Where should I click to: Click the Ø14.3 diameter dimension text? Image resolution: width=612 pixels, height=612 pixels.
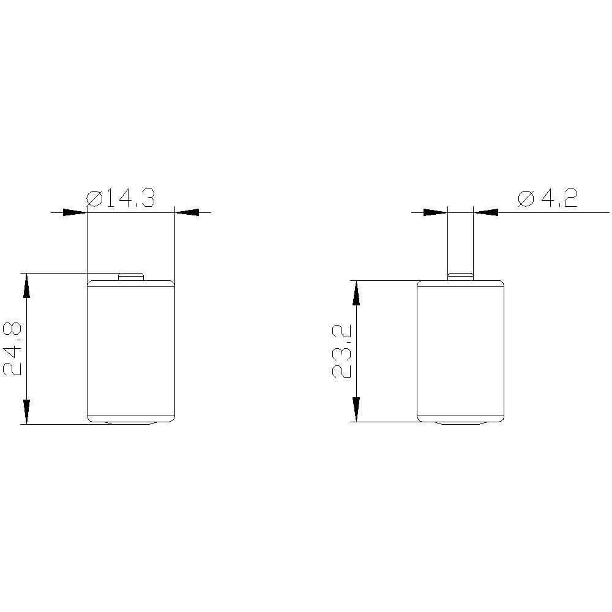[120, 199]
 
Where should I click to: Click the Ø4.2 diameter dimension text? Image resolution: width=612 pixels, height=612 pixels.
[547, 199]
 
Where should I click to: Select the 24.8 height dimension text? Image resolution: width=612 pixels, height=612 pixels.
[13, 349]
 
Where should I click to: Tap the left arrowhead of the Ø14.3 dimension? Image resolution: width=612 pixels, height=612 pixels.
[75, 212]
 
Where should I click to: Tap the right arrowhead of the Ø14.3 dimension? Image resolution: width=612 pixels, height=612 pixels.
[187, 212]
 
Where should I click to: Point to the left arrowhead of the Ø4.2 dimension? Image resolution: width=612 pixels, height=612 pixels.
[436, 212]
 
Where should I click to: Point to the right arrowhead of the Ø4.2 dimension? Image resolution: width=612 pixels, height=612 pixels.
[486, 212]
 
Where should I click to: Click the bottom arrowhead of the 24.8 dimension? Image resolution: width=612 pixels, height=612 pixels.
[27, 411]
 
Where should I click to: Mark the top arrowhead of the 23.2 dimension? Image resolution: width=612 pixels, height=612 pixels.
[356, 293]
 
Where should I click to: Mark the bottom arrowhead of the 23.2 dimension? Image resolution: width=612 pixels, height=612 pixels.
[356, 409]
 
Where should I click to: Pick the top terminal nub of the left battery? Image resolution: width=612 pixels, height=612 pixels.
[130, 277]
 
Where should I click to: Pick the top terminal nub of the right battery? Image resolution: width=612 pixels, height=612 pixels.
[460, 277]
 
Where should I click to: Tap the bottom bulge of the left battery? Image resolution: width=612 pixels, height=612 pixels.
[131, 422]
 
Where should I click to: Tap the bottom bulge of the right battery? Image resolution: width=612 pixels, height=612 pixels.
[460, 422]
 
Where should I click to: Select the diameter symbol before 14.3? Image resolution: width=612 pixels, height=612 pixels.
[95, 199]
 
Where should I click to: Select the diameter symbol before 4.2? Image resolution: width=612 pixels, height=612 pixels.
[526, 199]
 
